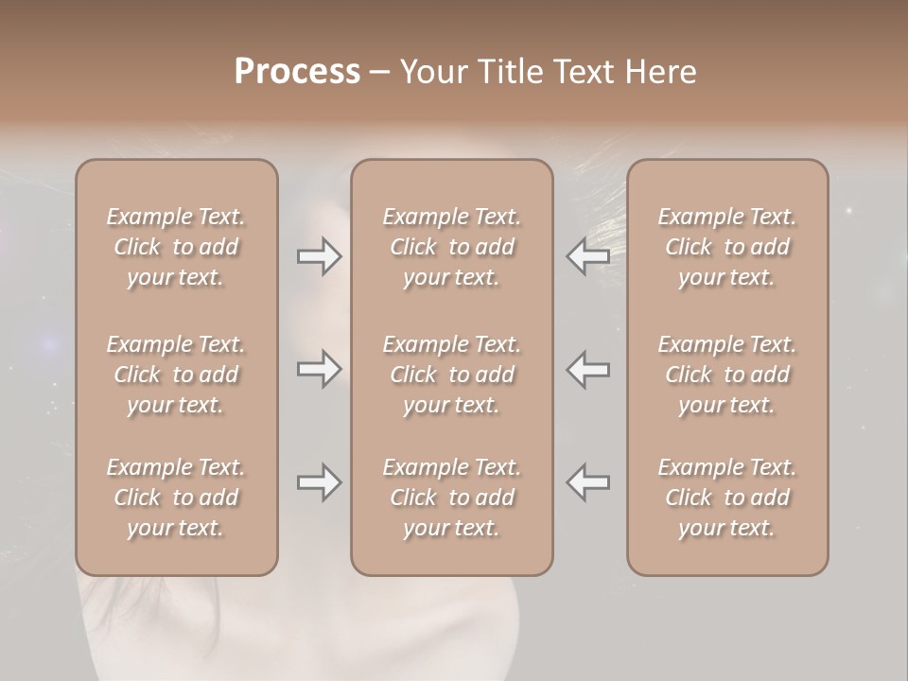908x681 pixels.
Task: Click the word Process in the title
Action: point(297,72)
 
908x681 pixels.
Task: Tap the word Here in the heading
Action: point(660,72)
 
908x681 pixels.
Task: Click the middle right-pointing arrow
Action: point(320,368)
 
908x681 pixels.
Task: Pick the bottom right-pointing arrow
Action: point(320,482)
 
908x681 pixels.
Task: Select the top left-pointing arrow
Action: point(587,256)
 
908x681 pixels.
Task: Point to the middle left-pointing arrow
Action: point(587,368)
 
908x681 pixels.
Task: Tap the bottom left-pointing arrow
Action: point(587,482)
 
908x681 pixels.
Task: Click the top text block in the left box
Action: point(176,247)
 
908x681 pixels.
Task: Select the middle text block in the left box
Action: point(176,375)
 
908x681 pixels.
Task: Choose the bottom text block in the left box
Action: point(176,498)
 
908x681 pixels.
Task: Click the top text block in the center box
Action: point(452,247)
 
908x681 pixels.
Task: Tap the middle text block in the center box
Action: point(452,375)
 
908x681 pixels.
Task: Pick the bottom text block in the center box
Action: point(452,498)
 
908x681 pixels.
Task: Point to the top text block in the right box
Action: point(727,247)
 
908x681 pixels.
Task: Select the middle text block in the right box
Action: point(727,375)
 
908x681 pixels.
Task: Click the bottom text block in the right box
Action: point(727,498)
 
